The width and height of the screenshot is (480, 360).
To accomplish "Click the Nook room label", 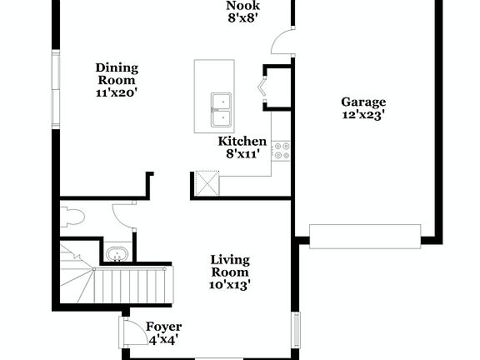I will click(x=242, y=5).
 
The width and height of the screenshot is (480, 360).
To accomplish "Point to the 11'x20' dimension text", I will click(x=117, y=92).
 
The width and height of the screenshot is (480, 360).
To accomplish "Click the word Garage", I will click(x=363, y=102).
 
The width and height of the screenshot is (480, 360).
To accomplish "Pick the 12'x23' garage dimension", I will click(x=363, y=116).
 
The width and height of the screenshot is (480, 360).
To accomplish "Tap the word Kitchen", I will click(x=242, y=142).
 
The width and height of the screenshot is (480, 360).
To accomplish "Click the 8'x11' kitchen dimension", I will click(x=242, y=154).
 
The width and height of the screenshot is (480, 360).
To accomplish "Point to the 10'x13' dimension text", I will click(x=229, y=285).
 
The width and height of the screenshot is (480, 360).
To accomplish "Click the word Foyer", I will click(x=163, y=327).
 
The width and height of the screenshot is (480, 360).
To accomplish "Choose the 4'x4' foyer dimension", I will click(x=163, y=340).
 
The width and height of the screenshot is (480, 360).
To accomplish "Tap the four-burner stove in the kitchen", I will click(x=281, y=151).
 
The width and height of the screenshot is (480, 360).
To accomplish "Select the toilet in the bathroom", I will click(x=72, y=218).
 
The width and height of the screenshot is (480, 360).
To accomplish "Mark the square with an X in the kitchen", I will click(x=206, y=182).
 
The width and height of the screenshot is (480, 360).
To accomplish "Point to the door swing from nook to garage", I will click(x=284, y=41).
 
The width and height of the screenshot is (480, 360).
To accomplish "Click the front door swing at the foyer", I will click(x=132, y=332).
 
